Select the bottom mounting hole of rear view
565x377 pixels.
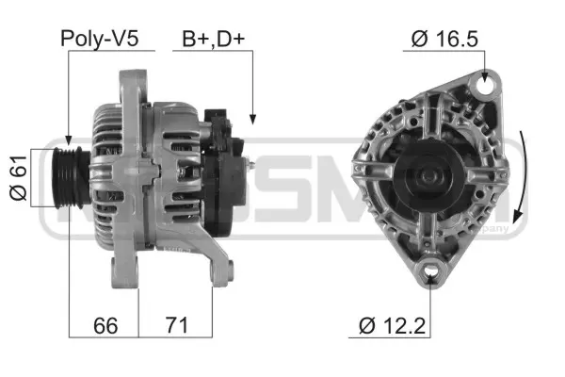pyautogui.click(x=432, y=274)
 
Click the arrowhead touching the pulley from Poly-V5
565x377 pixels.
pyautogui.click(x=69, y=140)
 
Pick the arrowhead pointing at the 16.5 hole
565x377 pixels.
pyautogui.click(x=486, y=74)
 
